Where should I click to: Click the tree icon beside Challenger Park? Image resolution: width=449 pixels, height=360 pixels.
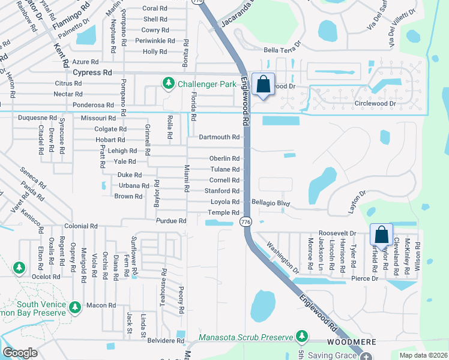pyautogui.click(x=169, y=83)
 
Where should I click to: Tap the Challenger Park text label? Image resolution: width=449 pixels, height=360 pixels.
pyautogui.click(x=206, y=84)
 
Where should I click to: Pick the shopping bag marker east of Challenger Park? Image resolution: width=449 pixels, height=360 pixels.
pyautogui.click(x=263, y=85)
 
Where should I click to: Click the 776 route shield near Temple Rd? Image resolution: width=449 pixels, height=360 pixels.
pyautogui.click(x=245, y=222)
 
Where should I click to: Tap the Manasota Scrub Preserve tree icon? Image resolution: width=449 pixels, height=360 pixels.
pyautogui.click(x=303, y=336)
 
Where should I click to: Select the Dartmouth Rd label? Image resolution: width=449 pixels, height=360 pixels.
pyautogui.click(x=219, y=137)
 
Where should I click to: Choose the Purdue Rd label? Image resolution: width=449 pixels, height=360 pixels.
pyautogui.click(x=171, y=221)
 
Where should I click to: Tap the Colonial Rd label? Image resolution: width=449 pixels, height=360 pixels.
pyautogui.click(x=81, y=226)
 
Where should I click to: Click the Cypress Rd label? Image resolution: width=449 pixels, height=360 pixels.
pyautogui.click(x=92, y=73)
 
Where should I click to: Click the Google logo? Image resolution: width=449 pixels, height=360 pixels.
pyautogui.click(x=20, y=353)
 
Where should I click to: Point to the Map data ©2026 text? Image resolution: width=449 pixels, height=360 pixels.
pyautogui.click(x=424, y=355)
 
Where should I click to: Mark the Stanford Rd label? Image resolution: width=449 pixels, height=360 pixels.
pyautogui.click(x=222, y=191)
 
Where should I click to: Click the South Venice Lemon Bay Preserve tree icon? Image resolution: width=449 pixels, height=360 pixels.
pyautogui.click(x=75, y=308)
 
